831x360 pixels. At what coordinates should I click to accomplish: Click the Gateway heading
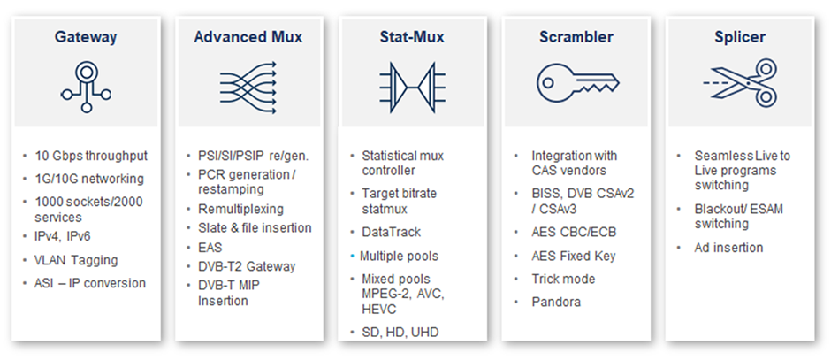coord(86,37)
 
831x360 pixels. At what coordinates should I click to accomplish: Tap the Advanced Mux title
coord(248,37)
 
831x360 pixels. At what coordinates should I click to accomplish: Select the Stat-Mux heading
coord(412,37)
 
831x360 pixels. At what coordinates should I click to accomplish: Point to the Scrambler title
coord(576,37)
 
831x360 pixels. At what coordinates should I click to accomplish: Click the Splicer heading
coord(739,37)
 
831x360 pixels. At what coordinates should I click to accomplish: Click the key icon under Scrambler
coord(577,83)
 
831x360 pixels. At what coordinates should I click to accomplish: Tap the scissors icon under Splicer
coord(740,83)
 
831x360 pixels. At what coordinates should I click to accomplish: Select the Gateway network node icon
coord(86,87)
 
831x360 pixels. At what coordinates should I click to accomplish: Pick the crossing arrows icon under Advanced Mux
coord(248,88)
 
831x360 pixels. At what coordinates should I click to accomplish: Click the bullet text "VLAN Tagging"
coord(76,260)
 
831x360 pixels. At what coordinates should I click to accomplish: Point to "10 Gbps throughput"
coord(91,157)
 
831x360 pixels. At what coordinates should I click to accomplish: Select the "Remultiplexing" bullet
coord(240,209)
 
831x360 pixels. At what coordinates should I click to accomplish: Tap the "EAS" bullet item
coord(210,248)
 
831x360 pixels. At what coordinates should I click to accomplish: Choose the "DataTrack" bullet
coord(391,233)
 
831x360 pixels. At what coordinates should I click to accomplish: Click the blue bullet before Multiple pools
coord(352,257)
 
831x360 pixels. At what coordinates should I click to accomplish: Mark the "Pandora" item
coord(556,303)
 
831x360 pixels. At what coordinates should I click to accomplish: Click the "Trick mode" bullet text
coord(563,279)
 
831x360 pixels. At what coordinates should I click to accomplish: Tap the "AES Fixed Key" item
coord(574,257)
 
